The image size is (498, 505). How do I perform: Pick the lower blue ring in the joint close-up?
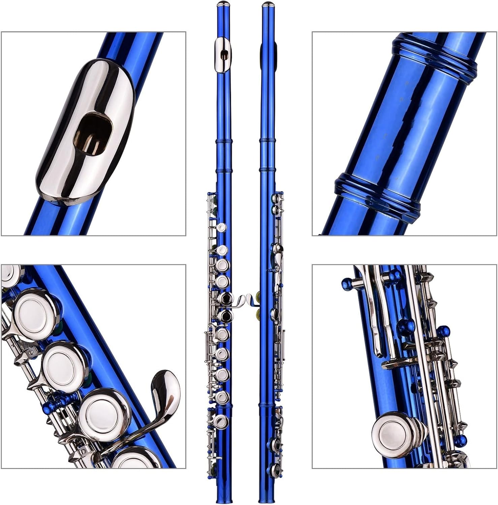pos(377,195)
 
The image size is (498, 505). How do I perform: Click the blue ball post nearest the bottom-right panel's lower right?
pos(462,440)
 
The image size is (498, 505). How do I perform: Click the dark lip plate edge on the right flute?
pos(262,54)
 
